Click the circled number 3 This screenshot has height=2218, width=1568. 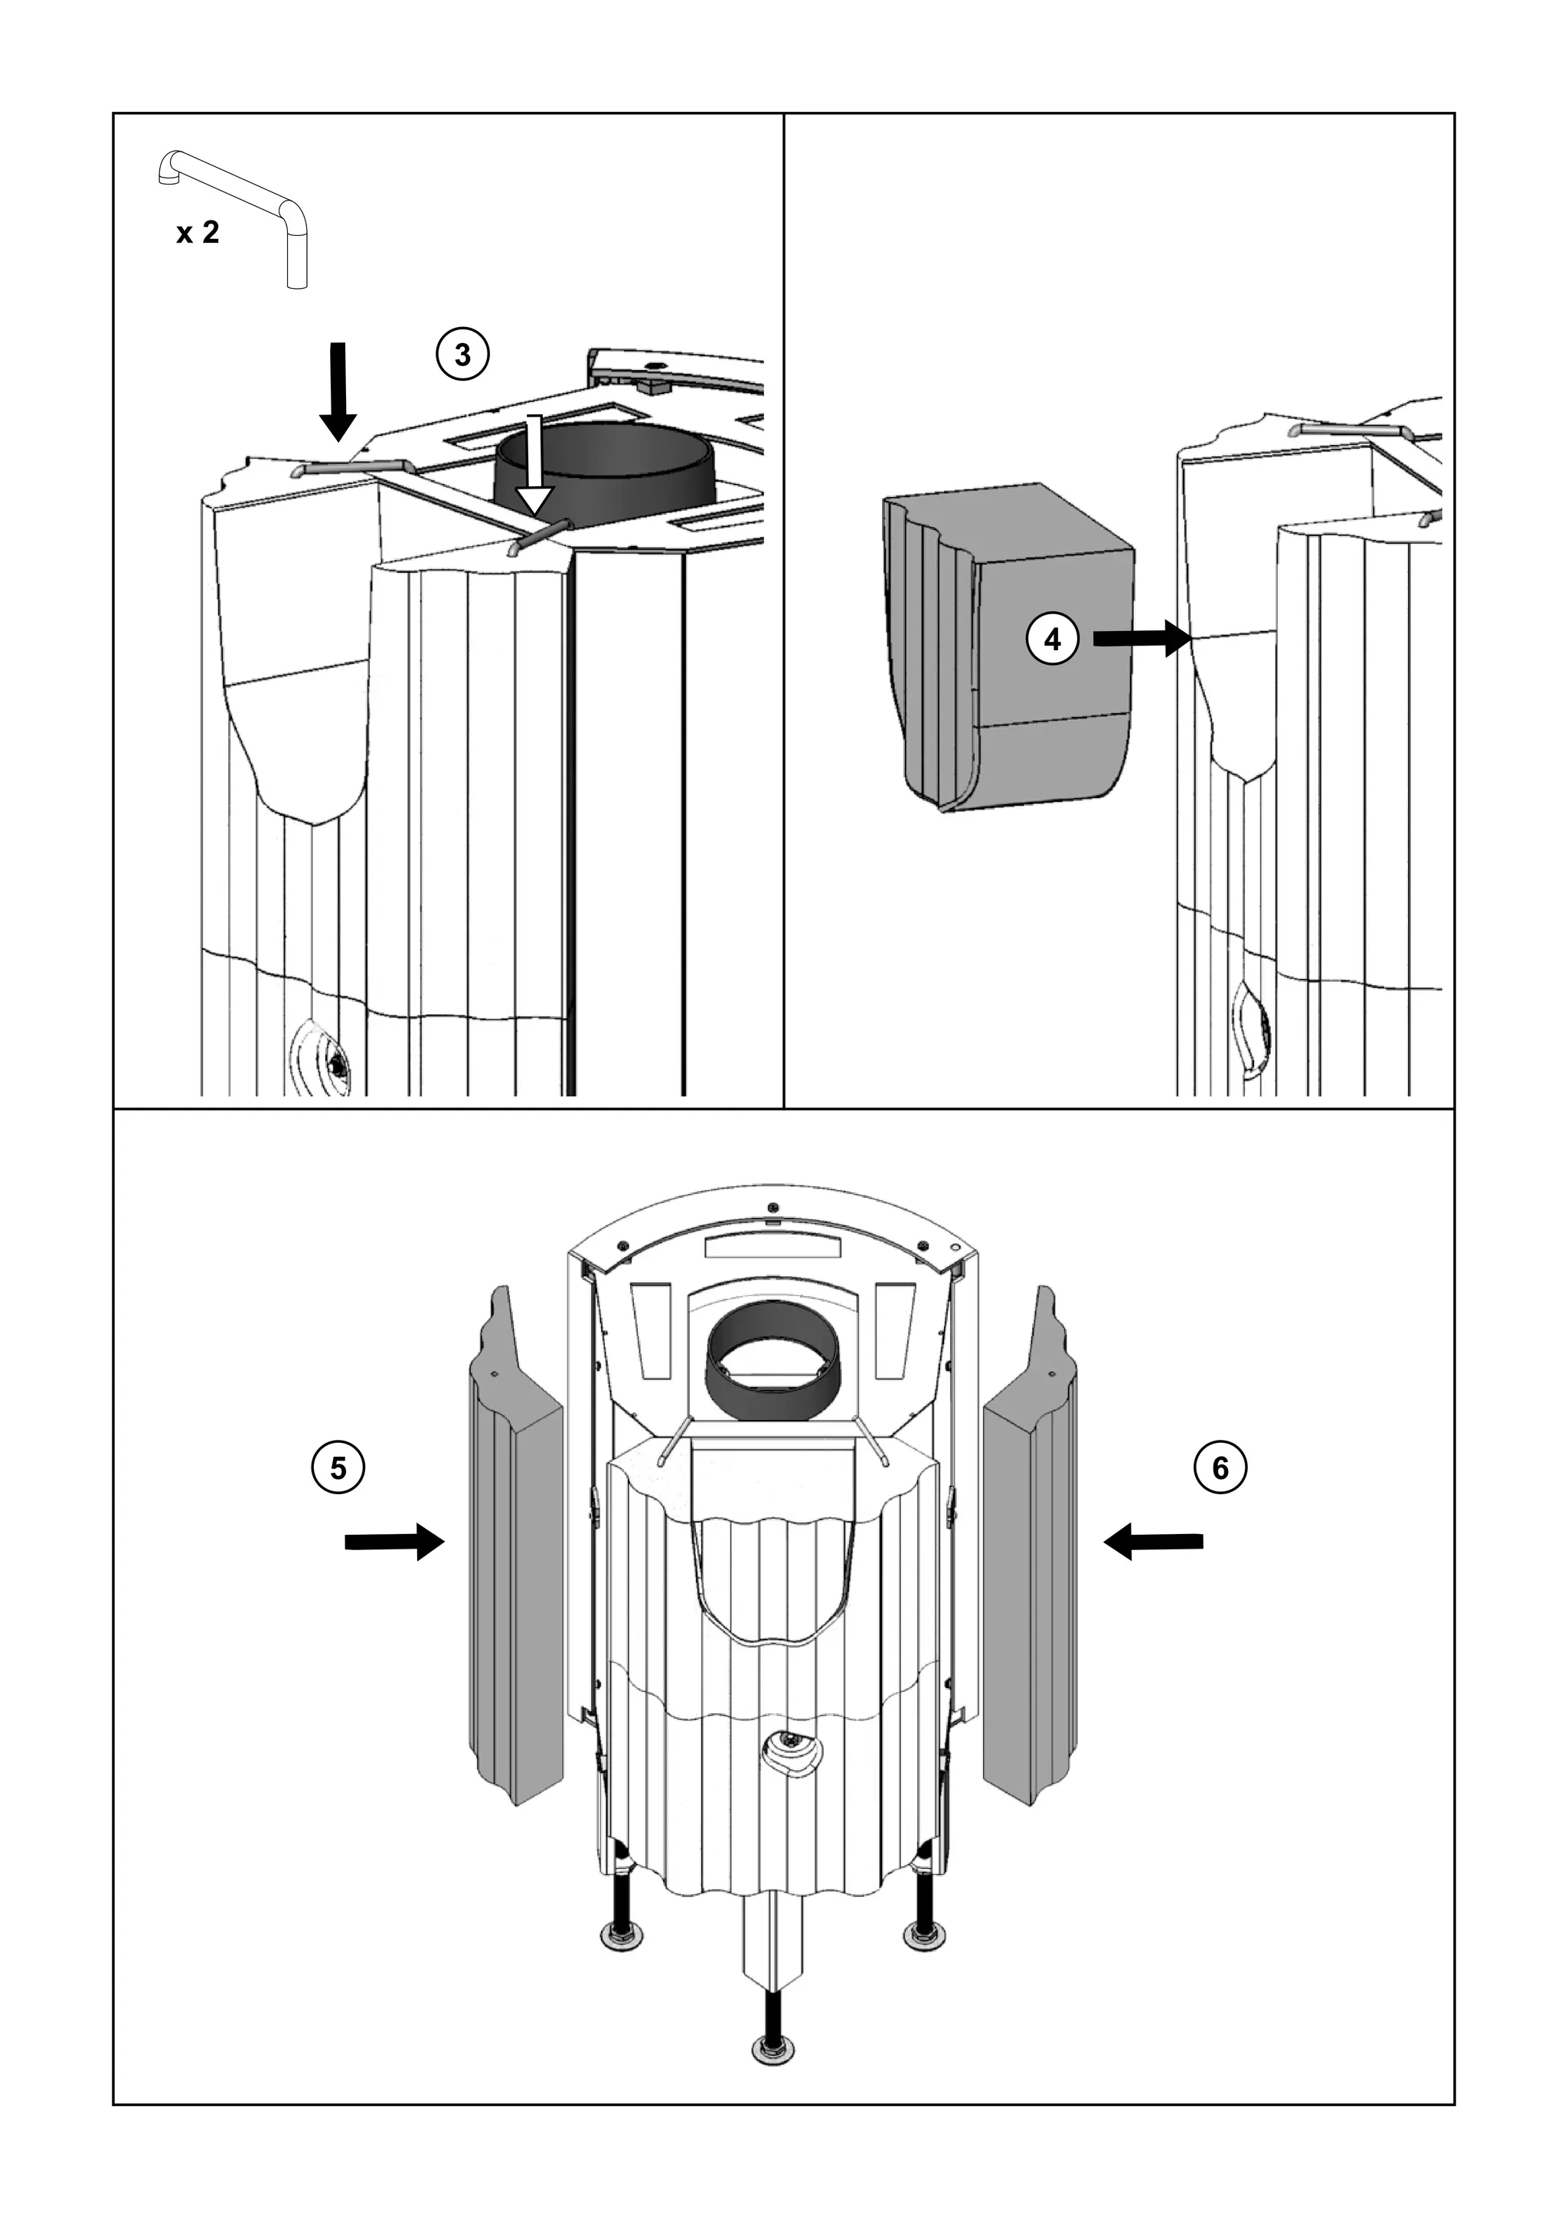(462, 355)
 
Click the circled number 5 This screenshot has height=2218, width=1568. (338, 1467)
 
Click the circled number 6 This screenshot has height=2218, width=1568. (1220, 1467)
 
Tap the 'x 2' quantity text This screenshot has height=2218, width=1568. (198, 233)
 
